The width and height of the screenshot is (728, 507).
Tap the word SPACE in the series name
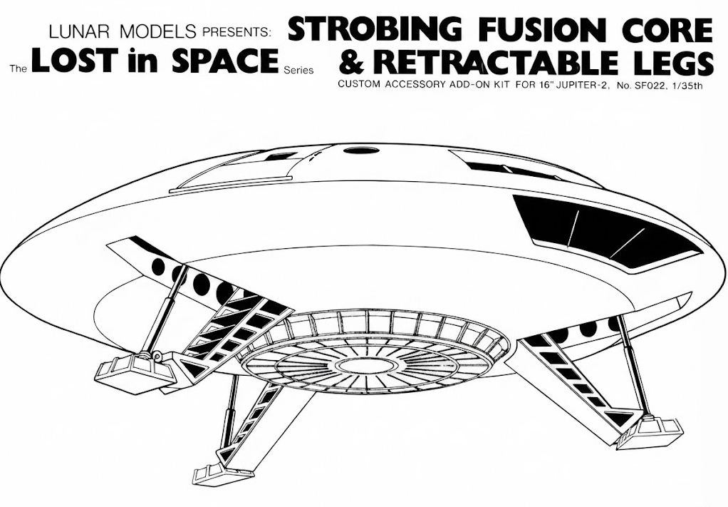[x=225, y=61]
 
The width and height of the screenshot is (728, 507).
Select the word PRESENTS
[x=236, y=33]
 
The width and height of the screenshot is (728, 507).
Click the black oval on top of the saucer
[x=362, y=150]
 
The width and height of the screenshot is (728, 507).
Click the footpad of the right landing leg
[x=649, y=433]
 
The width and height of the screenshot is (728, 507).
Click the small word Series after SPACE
[x=298, y=71]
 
